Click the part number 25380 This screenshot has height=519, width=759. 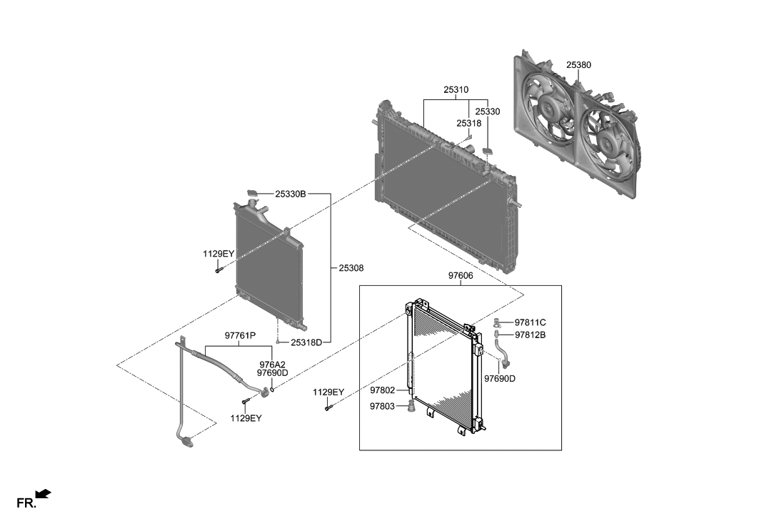pos(578,65)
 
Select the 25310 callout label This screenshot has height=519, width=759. pos(456,90)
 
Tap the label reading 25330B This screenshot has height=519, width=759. pos(291,194)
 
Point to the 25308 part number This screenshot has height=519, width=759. pos(351,269)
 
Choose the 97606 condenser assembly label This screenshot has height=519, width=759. pos(461,275)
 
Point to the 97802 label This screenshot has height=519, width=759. pos(383,390)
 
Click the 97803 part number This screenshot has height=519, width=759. pos(383,406)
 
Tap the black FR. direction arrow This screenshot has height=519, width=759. pos(44,493)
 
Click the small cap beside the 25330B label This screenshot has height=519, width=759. pos(252,192)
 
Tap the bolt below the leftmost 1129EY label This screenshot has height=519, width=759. pos(218,270)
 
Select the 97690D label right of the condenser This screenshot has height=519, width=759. pos(499,378)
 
